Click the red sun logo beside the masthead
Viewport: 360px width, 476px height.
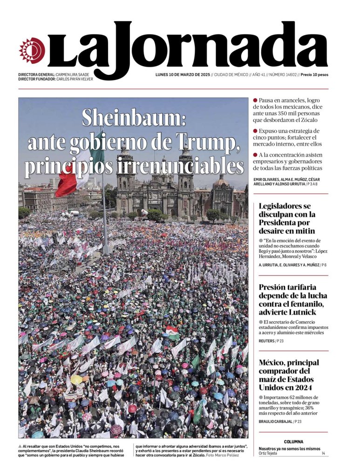(32, 50)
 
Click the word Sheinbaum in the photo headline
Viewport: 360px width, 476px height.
(134, 118)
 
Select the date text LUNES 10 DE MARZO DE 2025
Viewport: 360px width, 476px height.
(182, 75)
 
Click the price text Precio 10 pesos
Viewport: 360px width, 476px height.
(314, 75)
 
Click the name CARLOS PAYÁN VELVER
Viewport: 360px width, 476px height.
(75, 79)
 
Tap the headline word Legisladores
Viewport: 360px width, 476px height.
(285, 206)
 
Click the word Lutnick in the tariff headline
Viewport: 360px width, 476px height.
(301, 312)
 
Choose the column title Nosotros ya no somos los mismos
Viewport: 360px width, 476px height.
(289, 449)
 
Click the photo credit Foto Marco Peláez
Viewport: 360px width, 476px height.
(223, 455)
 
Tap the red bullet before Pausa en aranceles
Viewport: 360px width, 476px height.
(255, 100)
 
